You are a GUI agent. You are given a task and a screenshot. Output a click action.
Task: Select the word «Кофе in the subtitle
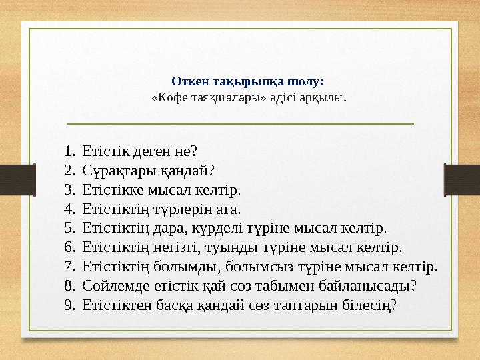(167, 97)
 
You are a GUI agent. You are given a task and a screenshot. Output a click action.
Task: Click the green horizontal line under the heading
(231, 123)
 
